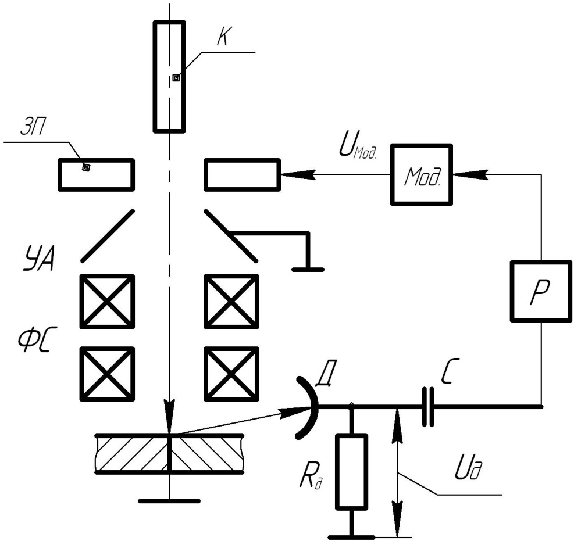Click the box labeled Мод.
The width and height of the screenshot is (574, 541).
(x=421, y=174)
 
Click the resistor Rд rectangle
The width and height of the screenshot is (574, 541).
(x=351, y=472)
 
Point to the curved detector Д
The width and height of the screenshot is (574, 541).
(x=309, y=406)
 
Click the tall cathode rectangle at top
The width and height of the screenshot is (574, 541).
(x=169, y=76)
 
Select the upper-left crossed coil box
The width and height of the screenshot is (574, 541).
(x=108, y=302)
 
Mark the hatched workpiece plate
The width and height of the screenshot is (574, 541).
(x=169, y=454)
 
